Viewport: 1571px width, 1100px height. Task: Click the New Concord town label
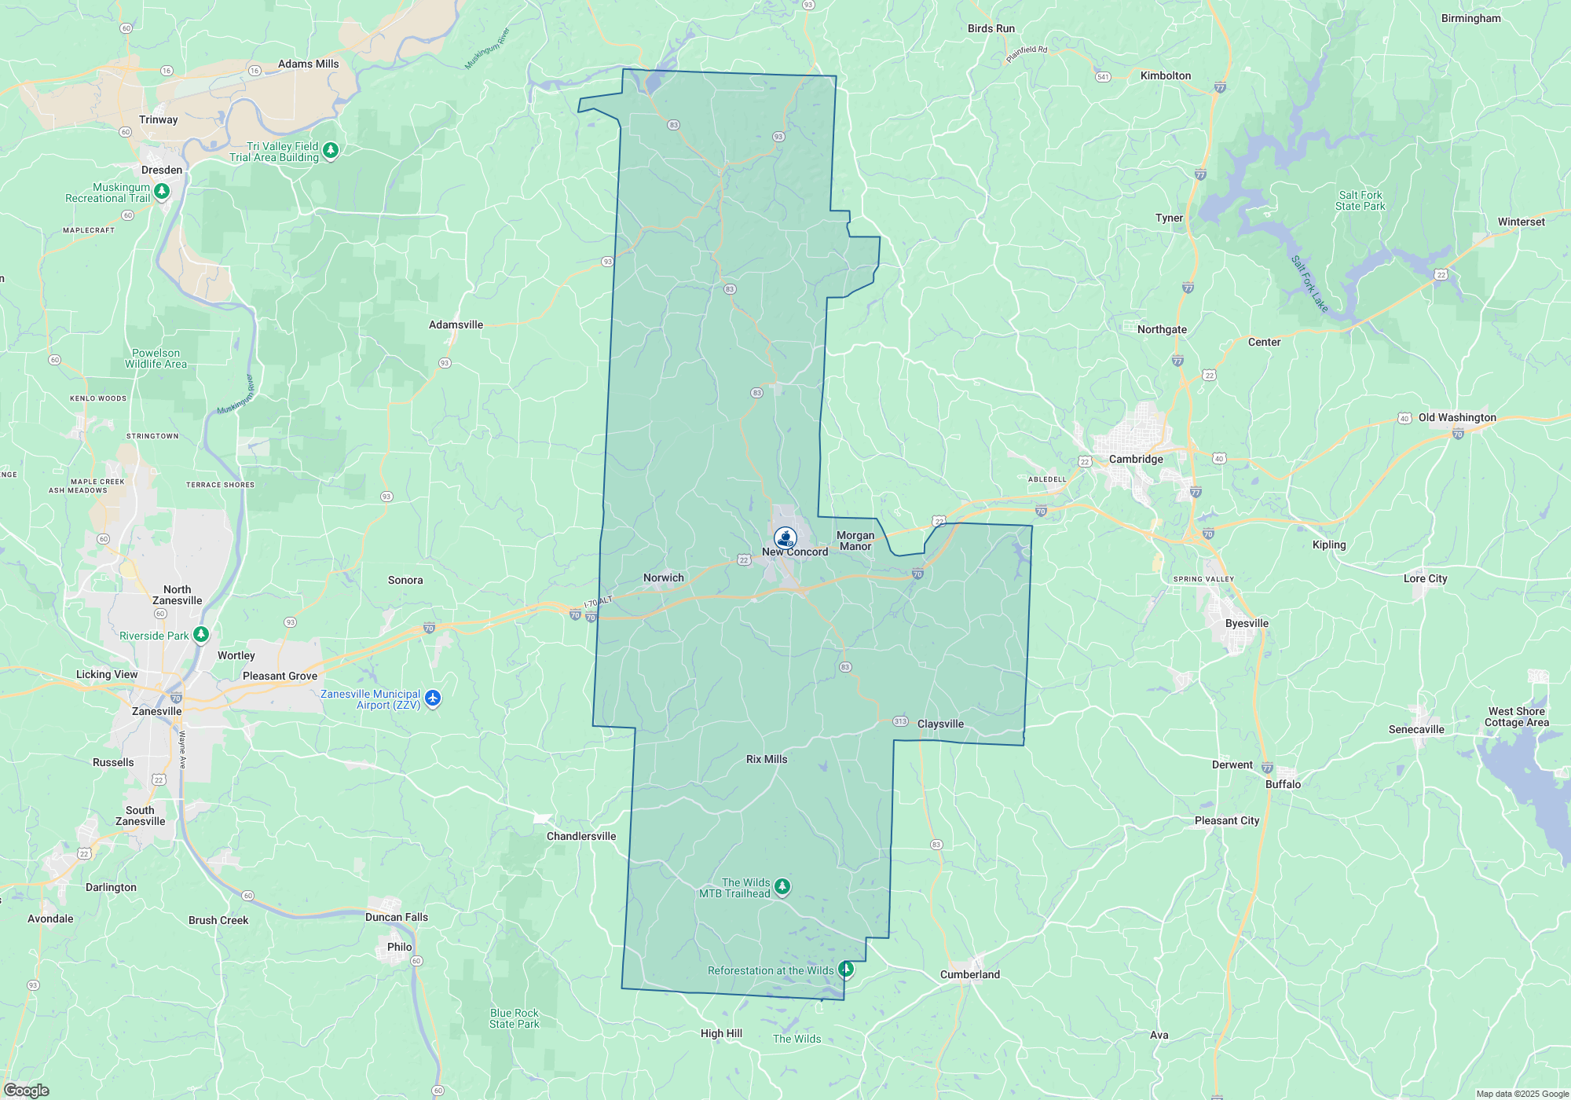(x=795, y=552)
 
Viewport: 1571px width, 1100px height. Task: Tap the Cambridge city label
(x=1136, y=460)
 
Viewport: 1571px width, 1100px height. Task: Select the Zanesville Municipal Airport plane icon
(x=433, y=698)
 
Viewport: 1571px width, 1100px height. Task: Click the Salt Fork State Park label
(x=1360, y=201)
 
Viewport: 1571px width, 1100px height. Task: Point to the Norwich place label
(x=664, y=578)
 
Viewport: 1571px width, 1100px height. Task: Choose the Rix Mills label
(x=767, y=760)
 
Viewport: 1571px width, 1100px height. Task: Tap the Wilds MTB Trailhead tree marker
(x=782, y=886)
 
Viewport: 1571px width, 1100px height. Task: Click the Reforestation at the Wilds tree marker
(x=846, y=968)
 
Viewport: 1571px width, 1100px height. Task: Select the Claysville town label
(x=940, y=724)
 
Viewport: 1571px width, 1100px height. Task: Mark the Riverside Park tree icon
(x=201, y=633)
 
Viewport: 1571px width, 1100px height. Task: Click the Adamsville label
(x=456, y=325)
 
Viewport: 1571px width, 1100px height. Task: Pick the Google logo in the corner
(x=26, y=1091)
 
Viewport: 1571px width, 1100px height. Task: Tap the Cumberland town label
(x=970, y=975)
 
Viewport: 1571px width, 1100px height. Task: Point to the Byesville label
(x=1247, y=624)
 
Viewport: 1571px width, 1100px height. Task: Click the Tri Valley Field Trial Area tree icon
(x=331, y=149)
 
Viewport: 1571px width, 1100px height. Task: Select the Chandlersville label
(x=581, y=837)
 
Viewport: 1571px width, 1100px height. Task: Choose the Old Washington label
(x=1457, y=418)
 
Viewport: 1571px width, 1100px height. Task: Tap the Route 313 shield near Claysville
(x=900, y=721)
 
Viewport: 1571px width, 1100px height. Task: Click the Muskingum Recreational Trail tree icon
(x=162, y=190)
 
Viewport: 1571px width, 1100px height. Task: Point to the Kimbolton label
(x=1166, y=76)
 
